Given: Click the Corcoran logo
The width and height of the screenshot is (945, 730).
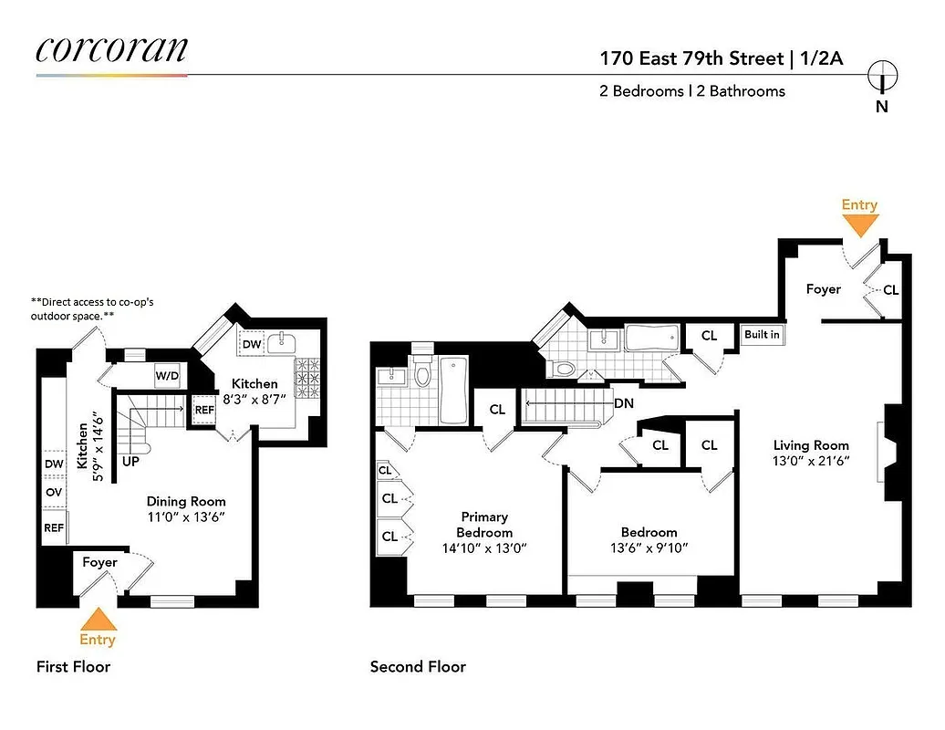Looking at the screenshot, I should (x=111, y=49).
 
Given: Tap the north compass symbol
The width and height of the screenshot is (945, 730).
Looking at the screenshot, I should (x=882, y=77).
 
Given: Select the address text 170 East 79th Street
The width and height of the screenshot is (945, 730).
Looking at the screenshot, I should (x=691, y=58).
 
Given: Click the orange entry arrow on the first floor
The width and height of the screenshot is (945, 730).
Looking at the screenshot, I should (x=99, y=623).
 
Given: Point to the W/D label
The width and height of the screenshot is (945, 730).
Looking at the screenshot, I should (x=167, y=375).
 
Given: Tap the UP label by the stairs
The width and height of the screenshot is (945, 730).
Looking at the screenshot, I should (x=130, y=462).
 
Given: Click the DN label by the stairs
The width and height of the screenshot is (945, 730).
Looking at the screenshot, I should (x=626, y=402).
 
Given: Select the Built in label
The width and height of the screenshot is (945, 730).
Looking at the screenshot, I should (x=762, y=335).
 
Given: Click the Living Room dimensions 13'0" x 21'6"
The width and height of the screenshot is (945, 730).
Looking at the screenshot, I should (x=811, y=461).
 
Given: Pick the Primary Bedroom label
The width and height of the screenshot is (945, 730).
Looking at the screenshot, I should (x=484, y=525).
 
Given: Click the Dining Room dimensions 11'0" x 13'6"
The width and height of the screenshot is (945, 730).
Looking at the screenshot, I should (x=186, y=516).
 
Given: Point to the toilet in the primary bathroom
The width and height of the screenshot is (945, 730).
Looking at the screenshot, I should (x=421, y=374).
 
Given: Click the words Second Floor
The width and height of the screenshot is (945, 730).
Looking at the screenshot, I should (x=418, y=667).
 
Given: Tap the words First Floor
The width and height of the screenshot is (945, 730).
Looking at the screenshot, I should (x=73, y=667).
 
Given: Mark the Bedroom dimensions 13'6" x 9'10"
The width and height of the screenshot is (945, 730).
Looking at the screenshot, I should (x=649, y=547).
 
